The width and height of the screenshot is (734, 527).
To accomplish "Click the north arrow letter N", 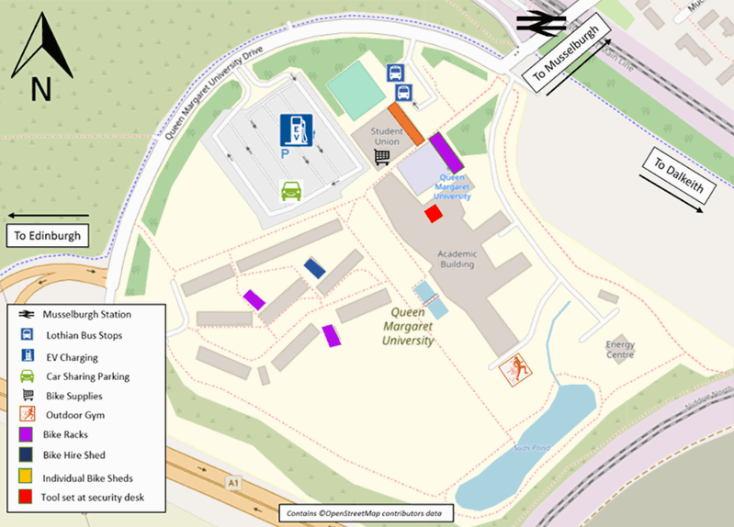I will pyautogui.click(x=40, y=89).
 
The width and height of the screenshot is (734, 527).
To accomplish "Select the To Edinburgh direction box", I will pyautogui.click(x=48, y=236).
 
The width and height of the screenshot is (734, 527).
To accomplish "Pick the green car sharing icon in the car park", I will pyautogui.click(x=291, y=192).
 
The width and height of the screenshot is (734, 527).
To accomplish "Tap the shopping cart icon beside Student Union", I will pyautogui.click(x=382, y=158).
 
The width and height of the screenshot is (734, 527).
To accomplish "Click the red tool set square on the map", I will pyautogui.click(x=433, y=214).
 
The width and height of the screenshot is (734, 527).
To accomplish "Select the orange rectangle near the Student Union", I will pyautogui.click(x=405, y=124).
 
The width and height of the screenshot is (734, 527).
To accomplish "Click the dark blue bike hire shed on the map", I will pyautogui.click(x=315, y=268).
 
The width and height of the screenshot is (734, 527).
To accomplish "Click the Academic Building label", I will pyautogui.click(x=456, y=259).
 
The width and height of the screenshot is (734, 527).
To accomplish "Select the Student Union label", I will pyautogui.click(x=387, y=137).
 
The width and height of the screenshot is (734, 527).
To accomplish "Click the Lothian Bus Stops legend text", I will pyautogui.click(x=83, y=336).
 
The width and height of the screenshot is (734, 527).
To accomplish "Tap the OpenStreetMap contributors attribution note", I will pyautogui.click(x=366, y=512).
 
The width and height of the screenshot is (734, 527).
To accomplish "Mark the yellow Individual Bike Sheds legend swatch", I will pyautogui.click(x=28, y=477).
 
